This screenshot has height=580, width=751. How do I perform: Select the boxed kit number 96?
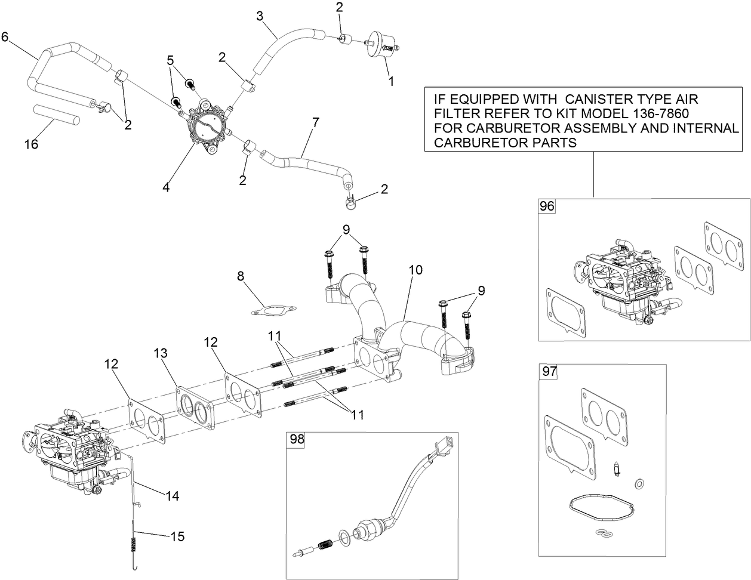point(547,206)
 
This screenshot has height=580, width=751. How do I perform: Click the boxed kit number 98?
point(297,439)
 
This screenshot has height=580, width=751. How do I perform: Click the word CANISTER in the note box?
point(603,99)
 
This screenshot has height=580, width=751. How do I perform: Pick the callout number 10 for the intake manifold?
point(415,270)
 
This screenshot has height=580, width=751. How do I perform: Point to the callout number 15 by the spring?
point(177,536)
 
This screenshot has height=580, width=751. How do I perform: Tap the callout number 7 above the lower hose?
point(315,123)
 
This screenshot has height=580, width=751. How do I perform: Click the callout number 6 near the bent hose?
point(5,37)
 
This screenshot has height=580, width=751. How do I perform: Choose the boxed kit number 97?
point(549,371)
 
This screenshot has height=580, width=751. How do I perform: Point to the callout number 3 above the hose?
point(260,16)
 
